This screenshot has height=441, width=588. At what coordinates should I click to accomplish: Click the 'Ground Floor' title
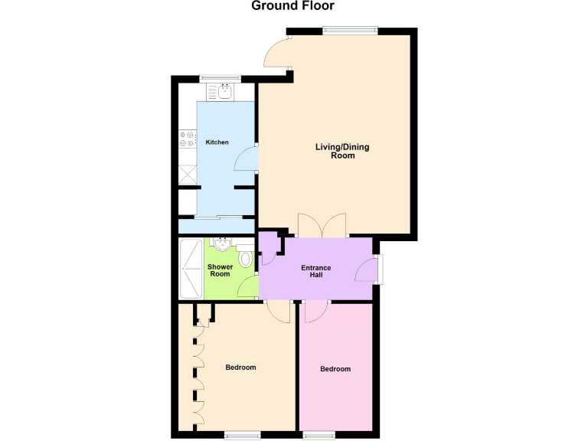[293, 7]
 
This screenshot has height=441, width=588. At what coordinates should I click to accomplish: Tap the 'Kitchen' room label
[217, 142]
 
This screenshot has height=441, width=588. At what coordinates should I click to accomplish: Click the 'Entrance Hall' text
[315, 270]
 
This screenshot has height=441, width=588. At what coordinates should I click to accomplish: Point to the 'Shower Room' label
[220, 270]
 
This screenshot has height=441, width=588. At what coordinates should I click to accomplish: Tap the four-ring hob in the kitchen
[187, 139]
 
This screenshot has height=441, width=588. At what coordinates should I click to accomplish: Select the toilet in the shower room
[245, 259]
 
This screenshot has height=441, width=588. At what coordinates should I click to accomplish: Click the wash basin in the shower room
[221, 244]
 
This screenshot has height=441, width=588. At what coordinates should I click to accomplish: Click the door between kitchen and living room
[245, 158]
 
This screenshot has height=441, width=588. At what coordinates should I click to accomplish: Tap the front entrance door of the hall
[368, 271]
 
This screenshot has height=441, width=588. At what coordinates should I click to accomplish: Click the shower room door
[248, 288]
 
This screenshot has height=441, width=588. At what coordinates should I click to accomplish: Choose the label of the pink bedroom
[335, 369]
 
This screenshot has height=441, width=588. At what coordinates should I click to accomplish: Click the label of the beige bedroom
[240, 367]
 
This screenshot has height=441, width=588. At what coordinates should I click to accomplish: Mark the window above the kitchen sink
[220, 77]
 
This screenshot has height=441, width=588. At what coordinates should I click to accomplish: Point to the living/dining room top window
[350, 31]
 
